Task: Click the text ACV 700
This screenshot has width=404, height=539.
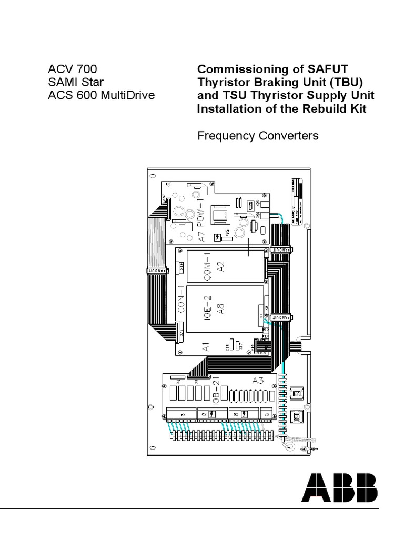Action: [x=72, y=69]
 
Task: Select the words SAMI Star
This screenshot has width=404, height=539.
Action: [x=72, y=82]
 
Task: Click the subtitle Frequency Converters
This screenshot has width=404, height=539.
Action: [x=258, y=136]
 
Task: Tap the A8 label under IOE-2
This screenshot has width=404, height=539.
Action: [x=222, y=308]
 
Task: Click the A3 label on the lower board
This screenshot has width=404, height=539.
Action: [x=258, y=380]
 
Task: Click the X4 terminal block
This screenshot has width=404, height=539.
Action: [x=181, y=414]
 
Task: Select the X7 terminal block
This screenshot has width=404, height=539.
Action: [x=266, y=414]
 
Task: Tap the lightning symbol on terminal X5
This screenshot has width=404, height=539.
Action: [x=211, y=414]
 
